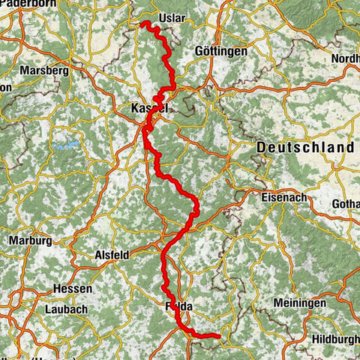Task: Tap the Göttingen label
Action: pyautogui.click(x=220, y=51)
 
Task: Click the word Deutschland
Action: pyautogui.click(x=304, y=148)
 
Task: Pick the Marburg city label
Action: pyautogui.click(x=30, y=241)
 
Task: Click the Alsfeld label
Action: pyautogui.click(x=112, y=255)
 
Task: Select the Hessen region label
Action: pyautogui.click(x=73, y=289)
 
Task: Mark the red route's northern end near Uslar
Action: pyautogui.click(x=142, y=24)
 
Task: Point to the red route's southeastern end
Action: pyautogui.click(x=218, y=335)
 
